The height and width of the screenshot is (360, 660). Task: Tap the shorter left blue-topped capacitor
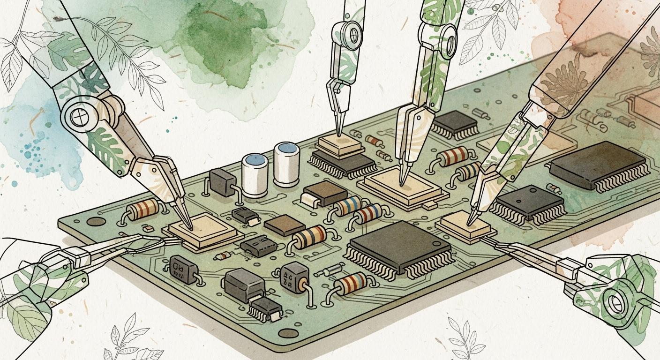coord(255,176)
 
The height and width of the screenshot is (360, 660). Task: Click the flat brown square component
coord(285,225)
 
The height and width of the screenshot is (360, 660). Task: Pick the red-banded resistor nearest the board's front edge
coord(352,284)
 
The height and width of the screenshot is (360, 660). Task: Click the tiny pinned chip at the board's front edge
coord(266,309)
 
